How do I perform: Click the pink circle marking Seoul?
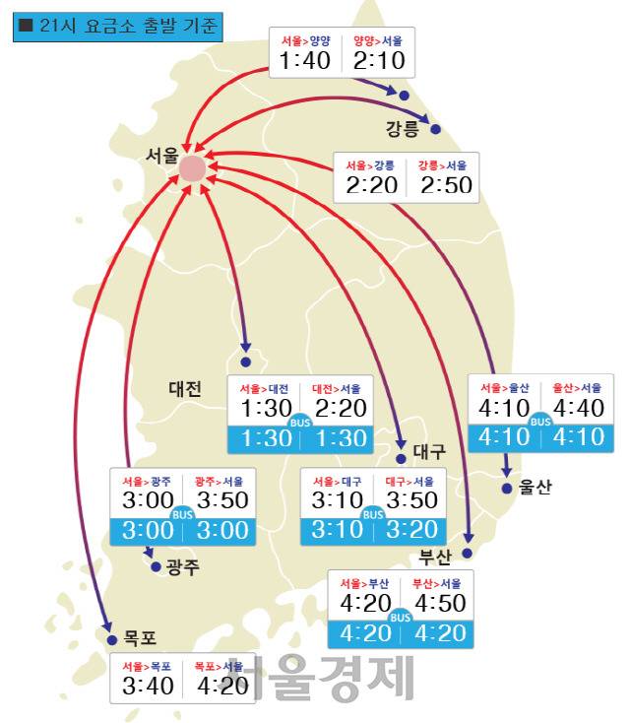pos(192,168)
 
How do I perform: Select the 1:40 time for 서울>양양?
pos(304,62)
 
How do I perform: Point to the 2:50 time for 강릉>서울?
pos(445,184)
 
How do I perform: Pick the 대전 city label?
pos(184,389)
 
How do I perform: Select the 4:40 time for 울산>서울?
pos(578,406)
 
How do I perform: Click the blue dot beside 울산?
pos(507,488)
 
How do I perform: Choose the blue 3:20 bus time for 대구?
pos(409,529)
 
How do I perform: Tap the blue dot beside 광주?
pos(156,566)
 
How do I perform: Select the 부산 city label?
pos(434,557)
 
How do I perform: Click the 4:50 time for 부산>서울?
pos(439,602)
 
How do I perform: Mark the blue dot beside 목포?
pos(111,639)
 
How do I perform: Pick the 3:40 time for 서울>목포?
pos(148,686)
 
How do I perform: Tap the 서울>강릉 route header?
pos(370,164)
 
